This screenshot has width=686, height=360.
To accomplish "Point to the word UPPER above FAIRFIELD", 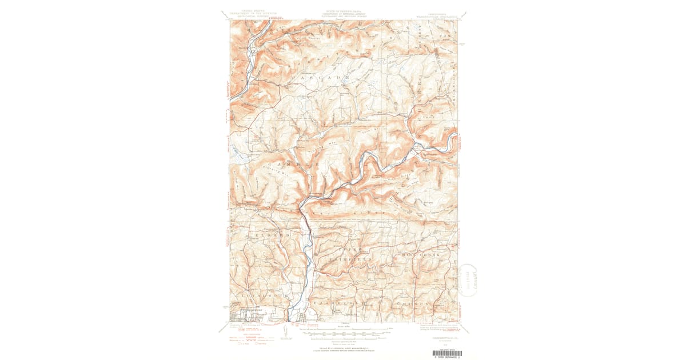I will (348, 250).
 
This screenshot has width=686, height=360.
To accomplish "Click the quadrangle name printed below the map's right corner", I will (442, 330).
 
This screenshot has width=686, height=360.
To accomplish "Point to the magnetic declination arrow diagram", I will (286, 331).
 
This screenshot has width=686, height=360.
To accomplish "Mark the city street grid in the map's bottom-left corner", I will (249, 315).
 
